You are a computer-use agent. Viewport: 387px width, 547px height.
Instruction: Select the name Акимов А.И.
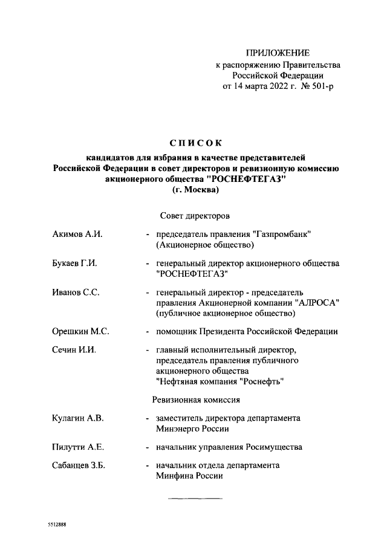tap(77, 234)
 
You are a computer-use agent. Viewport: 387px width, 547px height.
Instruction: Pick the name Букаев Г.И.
tap(76, 264)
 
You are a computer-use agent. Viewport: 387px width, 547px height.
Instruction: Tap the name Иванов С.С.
tap(76, 293)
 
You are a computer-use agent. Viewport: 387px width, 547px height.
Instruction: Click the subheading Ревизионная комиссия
tap(196, 400)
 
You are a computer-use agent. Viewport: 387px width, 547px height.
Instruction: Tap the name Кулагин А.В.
tap(78, 418)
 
